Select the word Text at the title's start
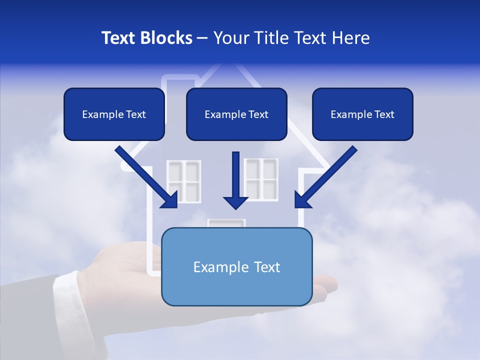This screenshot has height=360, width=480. click(x=120, y=38)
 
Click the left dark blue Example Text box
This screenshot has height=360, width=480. click(x=114, y=114)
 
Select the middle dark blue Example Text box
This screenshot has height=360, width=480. click(x=236, y=114)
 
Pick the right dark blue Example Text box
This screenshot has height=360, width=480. click(x=362, y=114)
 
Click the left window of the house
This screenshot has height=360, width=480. click(x=183, y=181)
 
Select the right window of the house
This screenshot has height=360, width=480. click(x=260, y=178)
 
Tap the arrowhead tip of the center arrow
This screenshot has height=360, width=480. click(x=235, y=207)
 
